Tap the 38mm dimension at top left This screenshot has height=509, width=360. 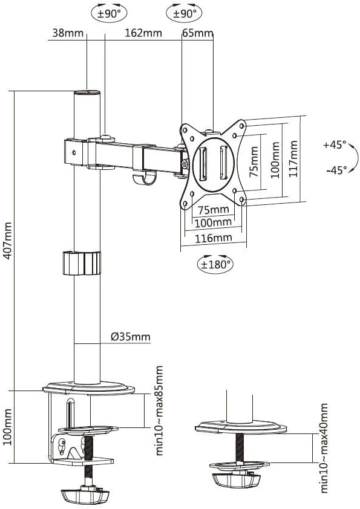pos(68,33)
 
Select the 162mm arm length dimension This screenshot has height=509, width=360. pos(143,33)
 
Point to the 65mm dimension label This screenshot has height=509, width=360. pos(197,33)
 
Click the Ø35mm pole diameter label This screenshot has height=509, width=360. pos(130,337)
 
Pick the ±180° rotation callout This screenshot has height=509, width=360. pos(217,264)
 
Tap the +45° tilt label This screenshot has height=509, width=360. pos(335,145)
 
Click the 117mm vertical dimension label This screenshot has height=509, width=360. pos(293,158)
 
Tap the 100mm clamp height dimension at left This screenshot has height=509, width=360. pos(7,427)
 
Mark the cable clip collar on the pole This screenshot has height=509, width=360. pos(81,263)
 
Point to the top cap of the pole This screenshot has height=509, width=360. pos(87,93)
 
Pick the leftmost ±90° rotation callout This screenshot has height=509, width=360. pos(105,13)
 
